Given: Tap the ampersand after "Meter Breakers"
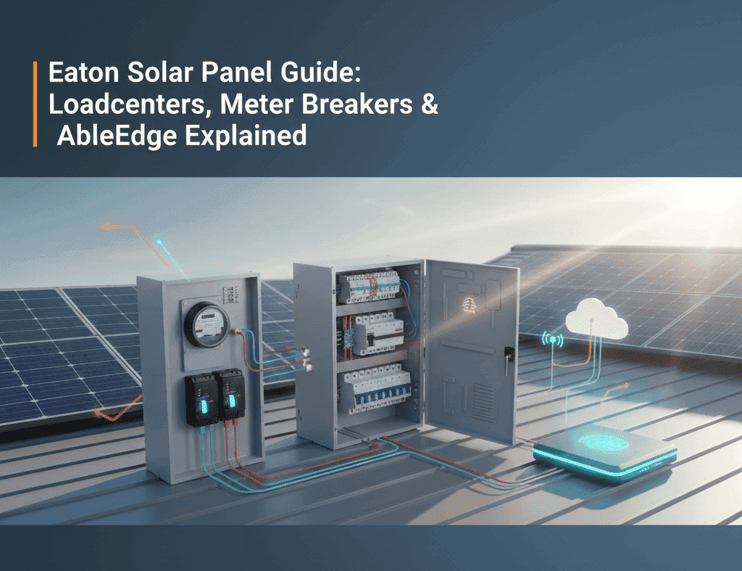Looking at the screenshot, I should click(x=428, y=104).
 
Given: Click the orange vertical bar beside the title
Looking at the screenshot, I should click(x=35, y=104).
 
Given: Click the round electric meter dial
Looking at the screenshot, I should click(x=205, y=324).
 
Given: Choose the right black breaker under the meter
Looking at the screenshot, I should click(x=232, y=396).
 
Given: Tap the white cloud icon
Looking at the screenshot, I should click(x=598, y=322).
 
